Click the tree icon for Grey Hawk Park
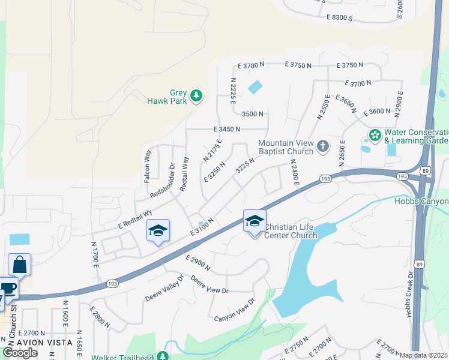pos(196,95)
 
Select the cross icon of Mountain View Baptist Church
pos(322,146)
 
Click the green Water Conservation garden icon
pos(375,135)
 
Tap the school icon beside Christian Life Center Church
pos(255,222)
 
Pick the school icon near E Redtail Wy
pos(158,231)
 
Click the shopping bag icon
pos(19,265)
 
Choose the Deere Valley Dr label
pos(163,293)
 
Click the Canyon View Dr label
pos(235,309)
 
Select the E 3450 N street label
pos(226,129)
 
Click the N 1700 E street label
pos(95,253)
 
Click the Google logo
pos(20,353)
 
